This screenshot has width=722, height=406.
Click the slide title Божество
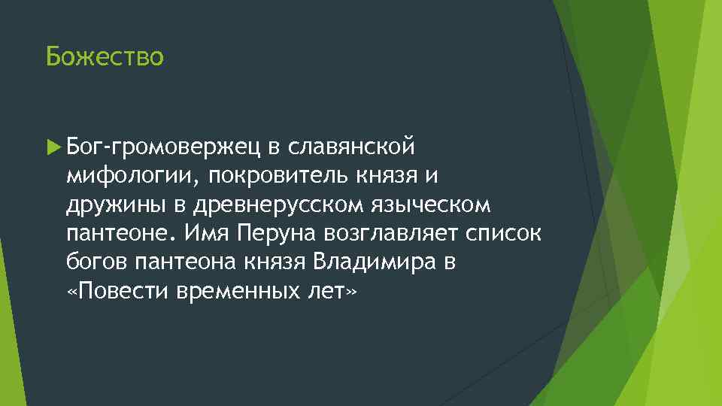coord(104,56)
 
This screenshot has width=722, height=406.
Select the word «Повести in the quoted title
coord(109,292)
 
